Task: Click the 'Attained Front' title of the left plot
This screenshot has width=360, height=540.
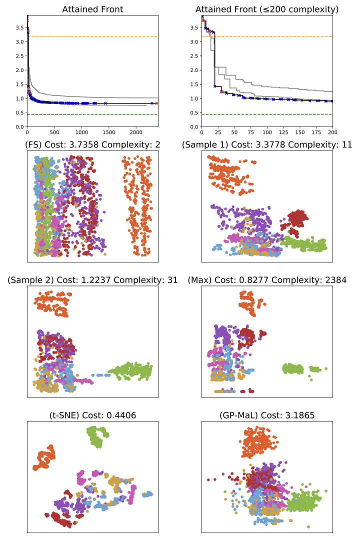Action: pos(92,9)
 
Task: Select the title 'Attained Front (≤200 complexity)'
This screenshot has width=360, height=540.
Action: pos(267,9)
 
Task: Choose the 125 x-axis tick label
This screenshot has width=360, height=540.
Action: pos(283,133)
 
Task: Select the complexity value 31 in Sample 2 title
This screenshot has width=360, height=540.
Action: pos(172,280)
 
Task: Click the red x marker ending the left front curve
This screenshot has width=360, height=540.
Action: pos(156,103)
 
